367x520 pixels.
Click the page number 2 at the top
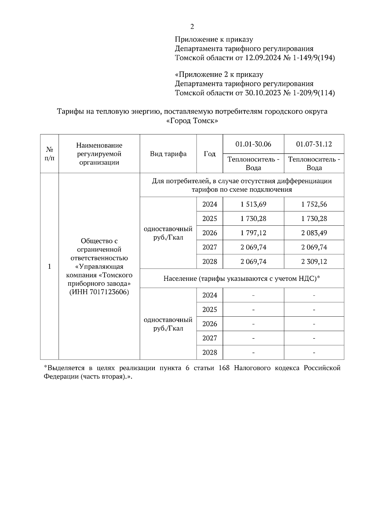pos(192,27)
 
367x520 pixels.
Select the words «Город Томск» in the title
pos(192,121)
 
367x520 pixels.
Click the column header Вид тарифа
pos(168,154)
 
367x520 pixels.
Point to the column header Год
pos(209,154)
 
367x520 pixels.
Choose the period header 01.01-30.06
pos(253,144)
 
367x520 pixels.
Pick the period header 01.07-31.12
pos(314,144)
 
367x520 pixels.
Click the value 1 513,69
pos(253,204)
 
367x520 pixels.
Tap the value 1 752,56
pos(314,204)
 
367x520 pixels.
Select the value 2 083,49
pos(314,233)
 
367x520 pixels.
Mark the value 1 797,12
pos(253,233)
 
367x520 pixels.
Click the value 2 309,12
pos(314,262)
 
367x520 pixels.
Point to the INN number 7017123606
pos(109,292)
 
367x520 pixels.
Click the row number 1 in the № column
pos(50,267)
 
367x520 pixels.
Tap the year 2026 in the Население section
pos(209,324)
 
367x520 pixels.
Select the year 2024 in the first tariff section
pos(209,204)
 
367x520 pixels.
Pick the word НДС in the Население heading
pos(309,279)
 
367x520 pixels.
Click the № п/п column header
pos(50,154)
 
